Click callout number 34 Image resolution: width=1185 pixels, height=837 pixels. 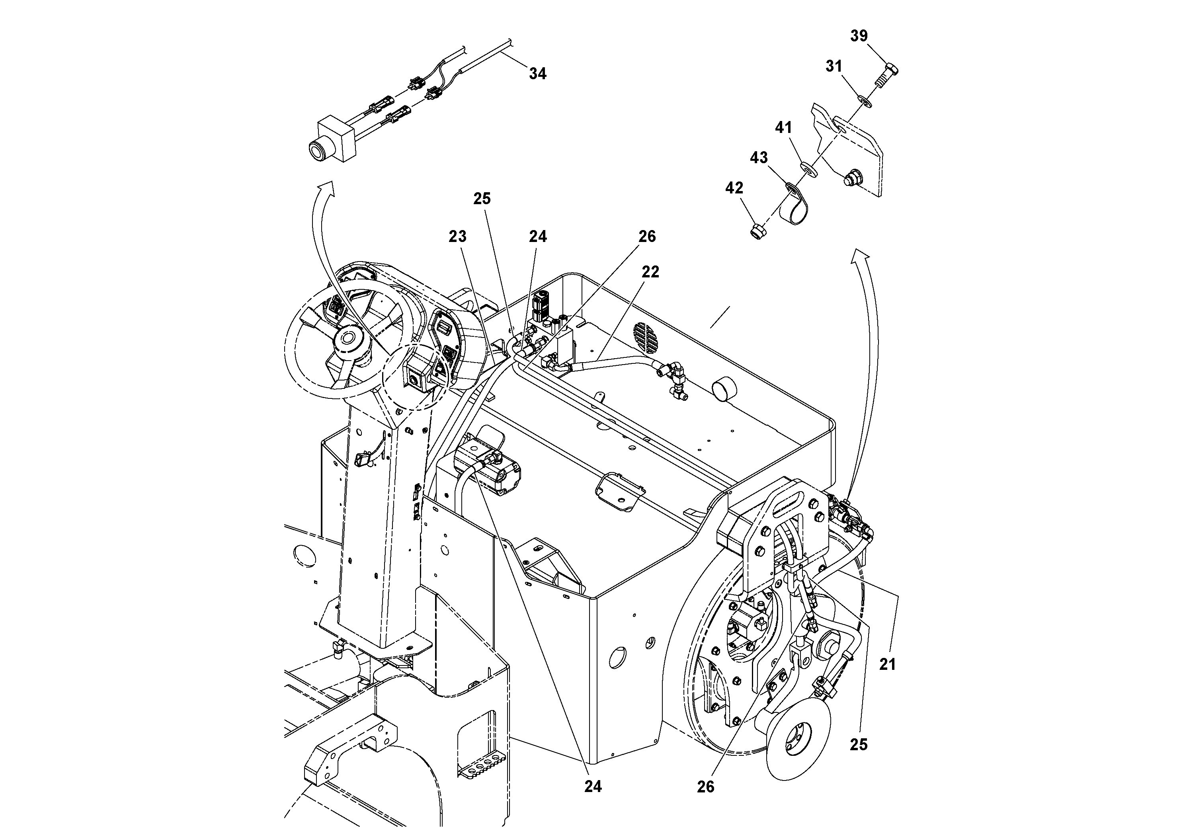click(537, 74)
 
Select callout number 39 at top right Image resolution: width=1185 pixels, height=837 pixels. click(859, 36)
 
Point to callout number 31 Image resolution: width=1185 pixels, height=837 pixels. click(834, 66)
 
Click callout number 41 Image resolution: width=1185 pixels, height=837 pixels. click(783, 127)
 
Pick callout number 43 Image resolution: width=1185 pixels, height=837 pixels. click(759, 157)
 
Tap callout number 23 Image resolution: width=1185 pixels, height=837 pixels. click(457, 236)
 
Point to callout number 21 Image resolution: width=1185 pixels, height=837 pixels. click(887, 664)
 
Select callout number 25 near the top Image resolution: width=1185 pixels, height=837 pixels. click(482, 199)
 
